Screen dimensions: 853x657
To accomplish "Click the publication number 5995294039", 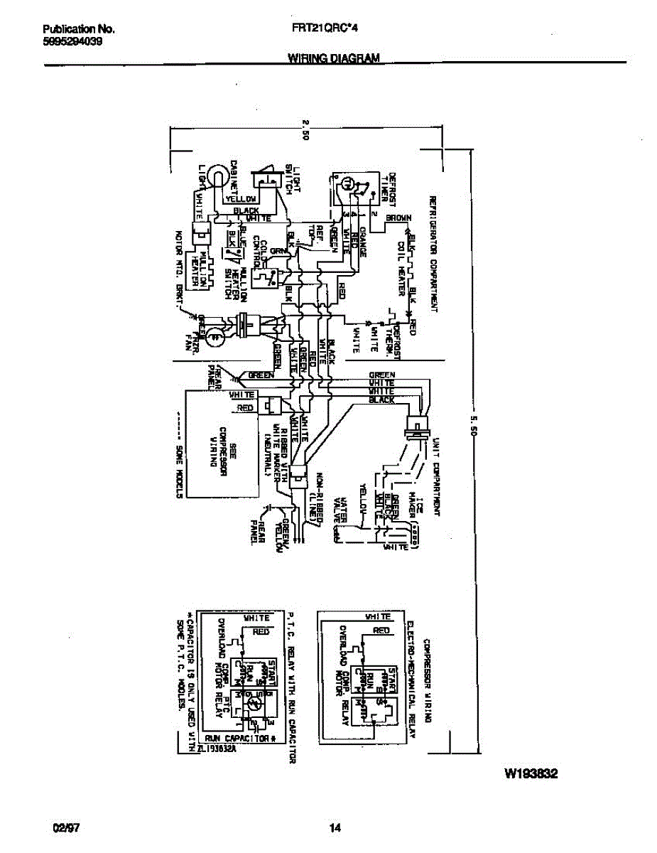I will point(72,41).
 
